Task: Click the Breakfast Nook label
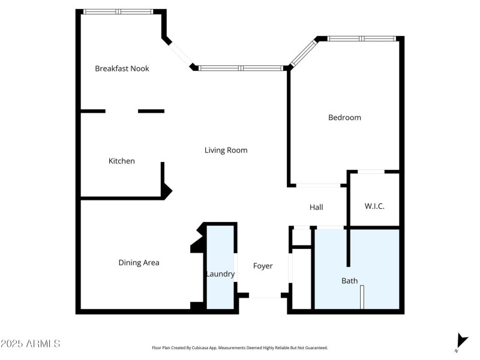pos(122,68)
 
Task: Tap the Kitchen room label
pos(121,161)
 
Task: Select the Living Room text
pos(226,150)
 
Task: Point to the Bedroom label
pos(344,118)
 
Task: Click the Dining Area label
pos(139,262)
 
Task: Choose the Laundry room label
pos(220,274)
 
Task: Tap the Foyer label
pos(263,266)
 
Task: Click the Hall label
pos(316,207)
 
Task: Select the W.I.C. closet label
pos(374,206)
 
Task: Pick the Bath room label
pos(349,280)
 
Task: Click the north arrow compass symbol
pos(461,341)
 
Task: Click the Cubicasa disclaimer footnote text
pos(240,347)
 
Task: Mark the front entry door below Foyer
pos(265,296)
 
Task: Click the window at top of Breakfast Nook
pos(118,11)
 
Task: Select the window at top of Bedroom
pos(362,38)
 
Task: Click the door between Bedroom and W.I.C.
pos(371,172)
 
